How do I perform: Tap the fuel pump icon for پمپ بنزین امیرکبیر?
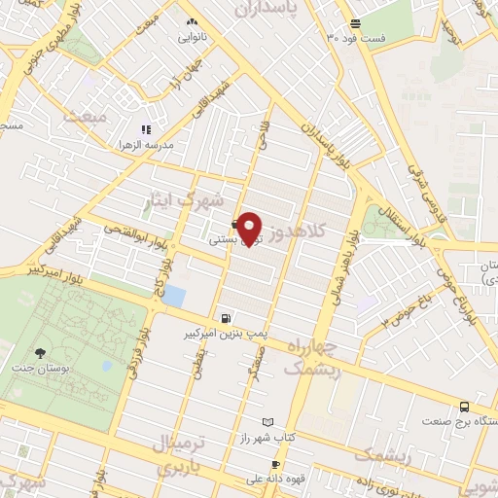pyautogui.click(x=227, y=317)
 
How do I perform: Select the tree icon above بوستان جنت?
pyautogui.click(x=40, y=354)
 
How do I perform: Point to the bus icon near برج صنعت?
pyautogui.click(x=465, y=407)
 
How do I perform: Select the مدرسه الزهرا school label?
pyautogui.click(x=146, y=145)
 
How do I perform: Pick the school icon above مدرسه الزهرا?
pyautogui.click(x=146, y=128)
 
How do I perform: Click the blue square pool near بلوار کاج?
pyautogui.click(x=173, y=296)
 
